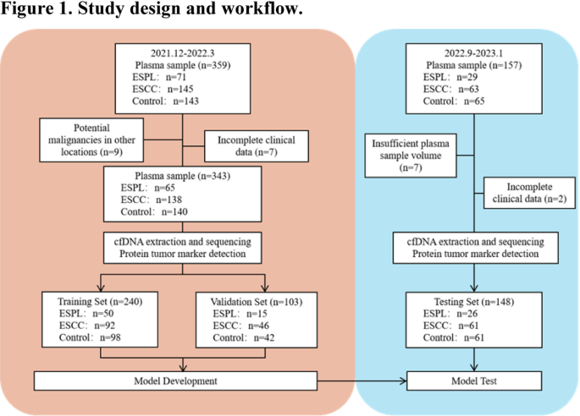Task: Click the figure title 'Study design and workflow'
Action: point(152,10)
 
